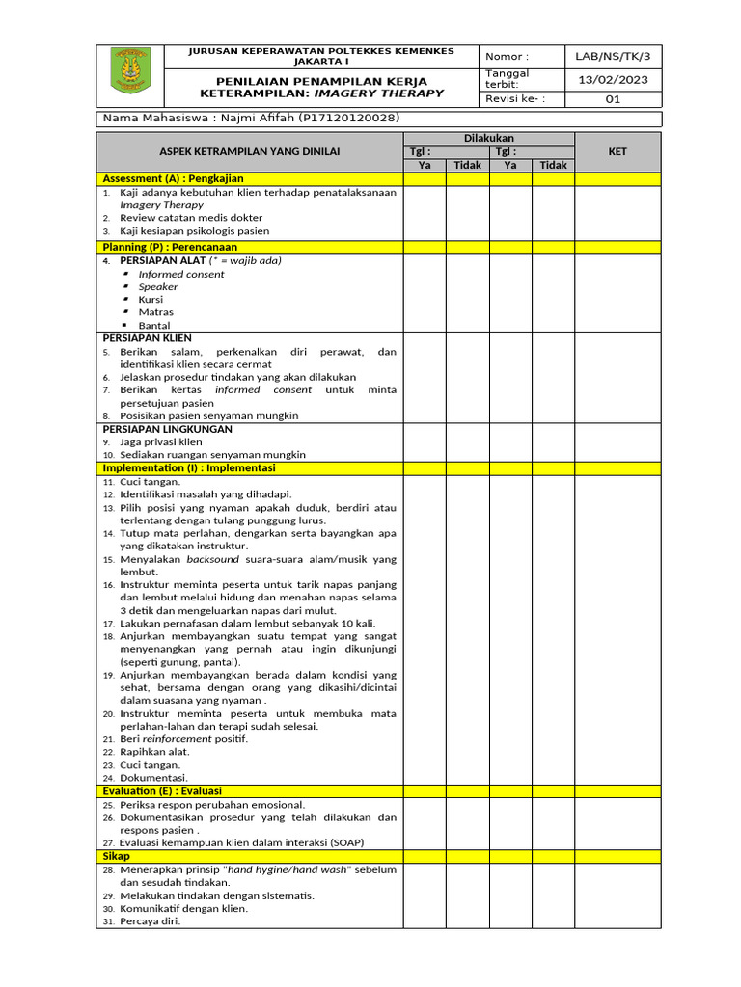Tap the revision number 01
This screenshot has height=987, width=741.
click(x=614, y=99)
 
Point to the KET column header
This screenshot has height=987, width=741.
click(x=617, y=152)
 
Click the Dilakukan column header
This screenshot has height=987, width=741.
click(x=489, y=139)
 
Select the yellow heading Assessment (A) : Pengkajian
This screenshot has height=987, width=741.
click(x=174, y=179)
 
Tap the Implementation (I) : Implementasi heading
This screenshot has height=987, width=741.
click(x=189, y=468)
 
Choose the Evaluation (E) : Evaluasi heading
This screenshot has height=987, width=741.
click(x=162, y=791)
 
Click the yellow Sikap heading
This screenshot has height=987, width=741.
click(x=116, y=856)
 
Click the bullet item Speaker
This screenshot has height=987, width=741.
click(x=158, y=286)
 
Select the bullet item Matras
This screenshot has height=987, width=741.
click(x=156, y=312)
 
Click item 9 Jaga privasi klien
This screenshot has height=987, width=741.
click(x=160, y=442)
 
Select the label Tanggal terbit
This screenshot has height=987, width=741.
click(x=508, y=79)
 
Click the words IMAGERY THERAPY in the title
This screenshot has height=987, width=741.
click(x=397, y=93)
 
